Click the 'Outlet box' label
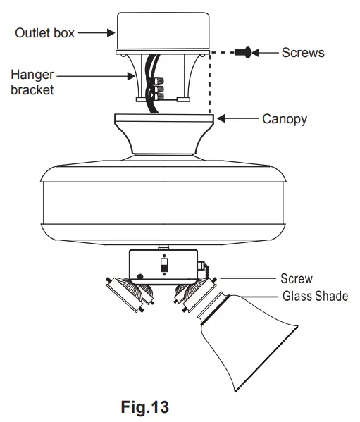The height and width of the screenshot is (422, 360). tap(44, 33)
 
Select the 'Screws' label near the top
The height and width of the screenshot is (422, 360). tap(303, 52)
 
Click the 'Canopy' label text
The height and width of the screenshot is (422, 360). tap(285, 119)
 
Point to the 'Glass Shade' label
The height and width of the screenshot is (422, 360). tap(315, 296)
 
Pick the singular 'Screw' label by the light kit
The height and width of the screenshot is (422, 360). tap(297, 279)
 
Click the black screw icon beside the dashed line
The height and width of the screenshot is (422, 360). tap(245, 52)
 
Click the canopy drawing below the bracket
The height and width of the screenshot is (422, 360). tap(163, 134)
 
